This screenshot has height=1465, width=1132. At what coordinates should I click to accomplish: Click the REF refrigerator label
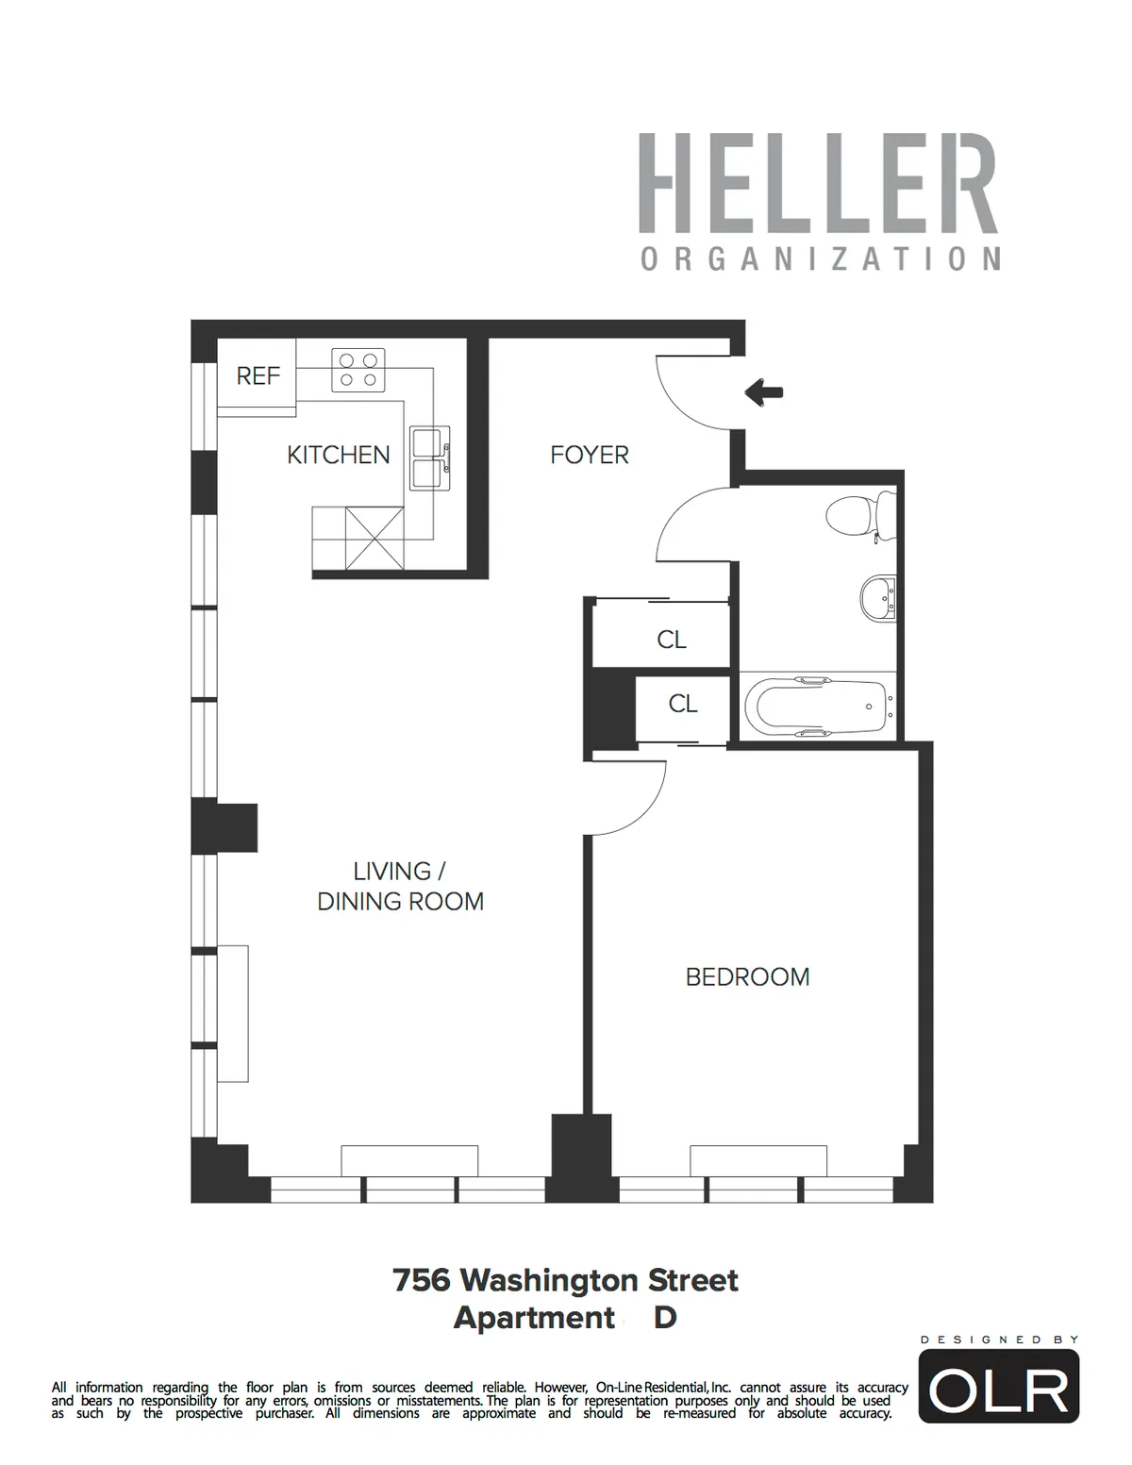(258, 375)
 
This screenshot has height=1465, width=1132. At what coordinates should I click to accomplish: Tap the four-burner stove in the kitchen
(358, 370)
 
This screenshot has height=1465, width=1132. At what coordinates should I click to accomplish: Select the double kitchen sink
(429, 458)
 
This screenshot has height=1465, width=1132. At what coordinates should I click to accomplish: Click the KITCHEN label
(338, 455)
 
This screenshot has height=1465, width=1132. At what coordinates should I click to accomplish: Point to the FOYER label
(589, 455)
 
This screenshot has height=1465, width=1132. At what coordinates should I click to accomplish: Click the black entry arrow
(763, 391)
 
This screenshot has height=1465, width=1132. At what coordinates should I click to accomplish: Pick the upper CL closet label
(671, 640)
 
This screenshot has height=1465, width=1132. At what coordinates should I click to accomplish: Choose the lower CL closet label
(682, 704)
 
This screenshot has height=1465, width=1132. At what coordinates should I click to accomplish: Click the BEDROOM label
(747, 976)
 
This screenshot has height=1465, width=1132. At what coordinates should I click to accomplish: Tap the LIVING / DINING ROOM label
(400, 886)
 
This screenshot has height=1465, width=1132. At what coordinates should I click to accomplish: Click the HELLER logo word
(818, 184)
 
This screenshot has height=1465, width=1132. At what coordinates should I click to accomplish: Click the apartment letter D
(665, 1317)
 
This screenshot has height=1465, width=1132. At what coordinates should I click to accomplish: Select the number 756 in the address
(421, 1280)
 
